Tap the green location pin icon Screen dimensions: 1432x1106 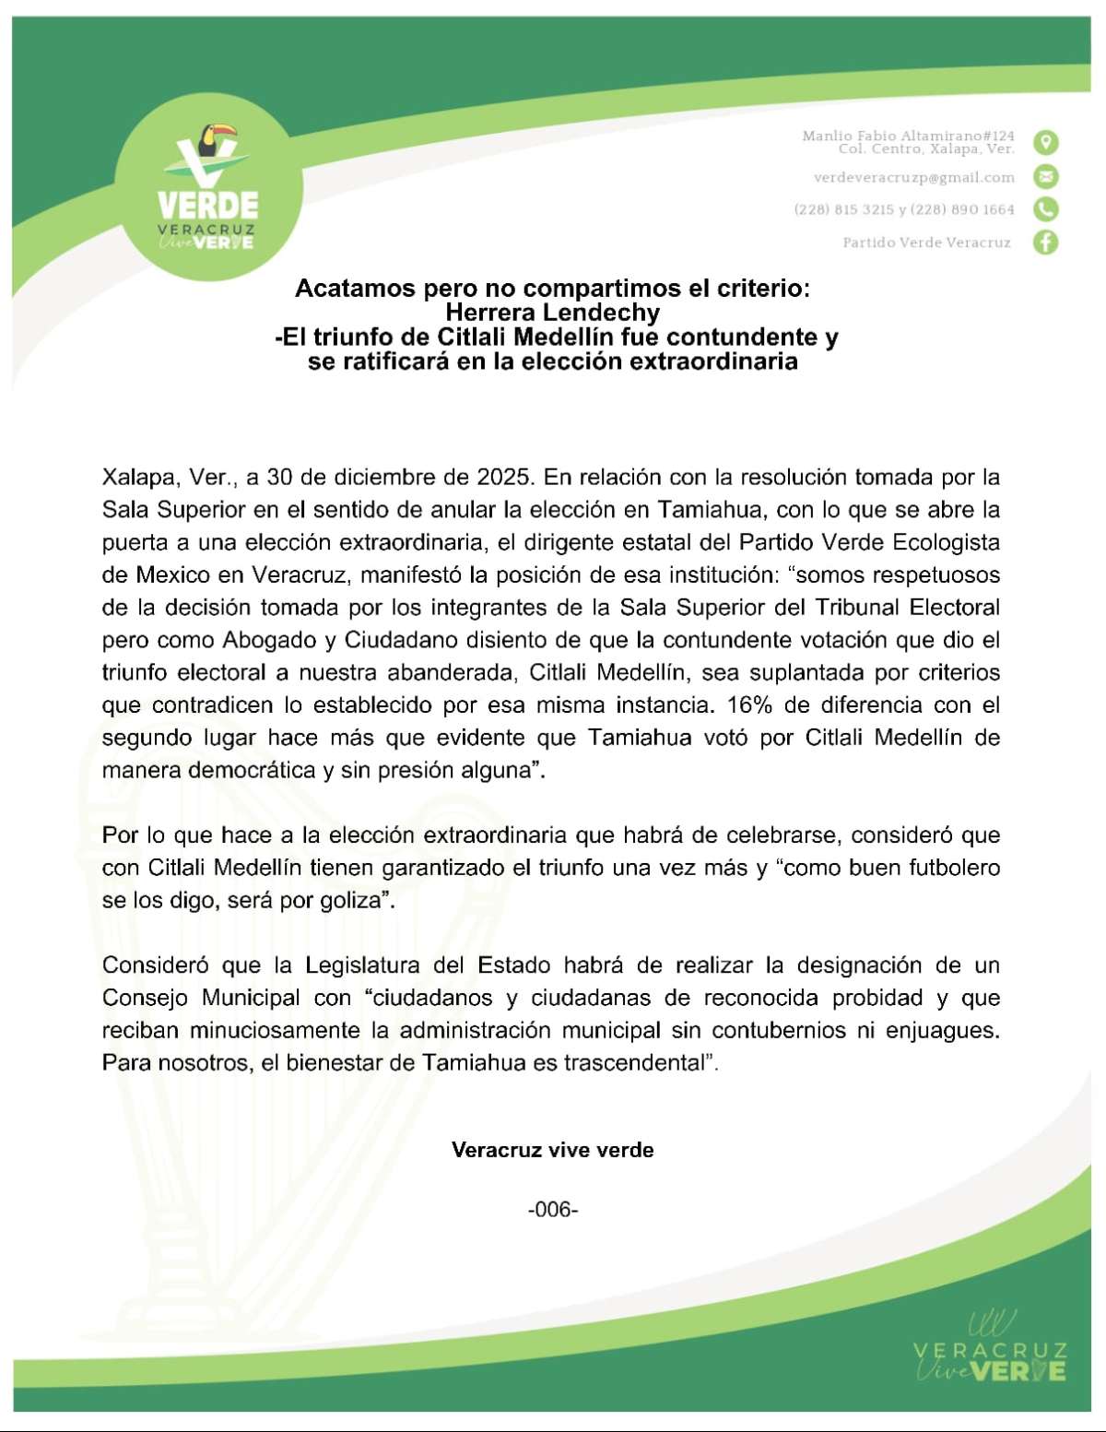pos(1046,142)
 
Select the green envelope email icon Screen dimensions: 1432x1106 pos(1046,176)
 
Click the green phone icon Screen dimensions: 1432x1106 pos(1046,209)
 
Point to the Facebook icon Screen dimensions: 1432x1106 pos(1046,243)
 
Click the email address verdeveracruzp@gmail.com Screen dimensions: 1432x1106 pos(914,177)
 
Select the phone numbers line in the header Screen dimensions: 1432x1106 pos(904,210)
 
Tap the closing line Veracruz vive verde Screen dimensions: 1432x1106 pos(553,1150)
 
